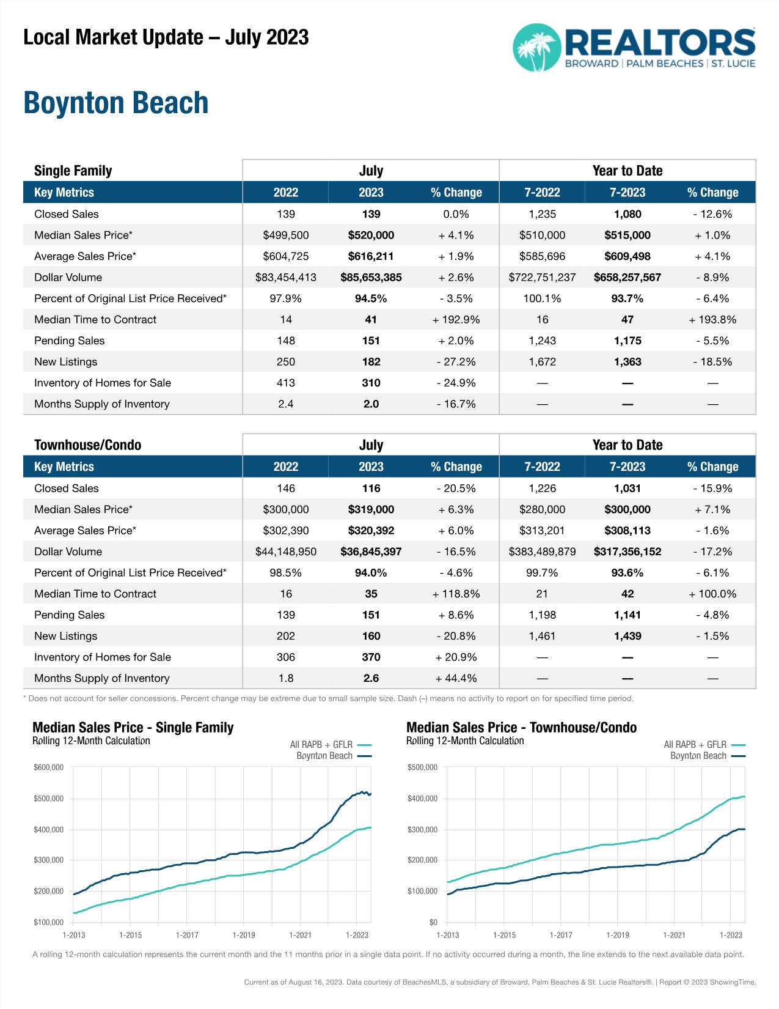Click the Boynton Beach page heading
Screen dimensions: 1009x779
point(116,103)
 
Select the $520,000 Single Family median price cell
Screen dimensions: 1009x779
point(371,235)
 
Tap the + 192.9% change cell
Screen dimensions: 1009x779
point(456,320)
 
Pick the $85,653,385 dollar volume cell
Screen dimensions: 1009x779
point(371,278)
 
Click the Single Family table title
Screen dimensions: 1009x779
point(73,171)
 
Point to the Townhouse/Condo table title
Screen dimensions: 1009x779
point(87,445)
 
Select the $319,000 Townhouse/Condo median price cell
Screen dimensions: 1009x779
point(371,509)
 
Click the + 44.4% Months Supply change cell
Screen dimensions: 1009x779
point(456,678)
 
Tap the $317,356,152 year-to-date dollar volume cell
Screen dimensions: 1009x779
point(627,552)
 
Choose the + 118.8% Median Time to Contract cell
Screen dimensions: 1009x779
point(456,594)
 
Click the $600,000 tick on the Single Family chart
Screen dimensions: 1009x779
point(49,767)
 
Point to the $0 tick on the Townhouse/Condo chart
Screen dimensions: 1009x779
point(433,922)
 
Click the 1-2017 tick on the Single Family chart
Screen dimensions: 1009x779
point(187,935)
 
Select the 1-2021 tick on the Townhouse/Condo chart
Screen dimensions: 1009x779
point(674,935)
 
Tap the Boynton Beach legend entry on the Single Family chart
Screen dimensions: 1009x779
point(324,756)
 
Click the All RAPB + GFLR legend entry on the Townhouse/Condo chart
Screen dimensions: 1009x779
point(695,745)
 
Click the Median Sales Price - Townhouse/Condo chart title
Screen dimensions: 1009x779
point(521,728)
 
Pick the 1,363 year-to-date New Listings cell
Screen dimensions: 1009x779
point(627,362)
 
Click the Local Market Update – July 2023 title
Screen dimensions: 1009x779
point(166,38)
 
